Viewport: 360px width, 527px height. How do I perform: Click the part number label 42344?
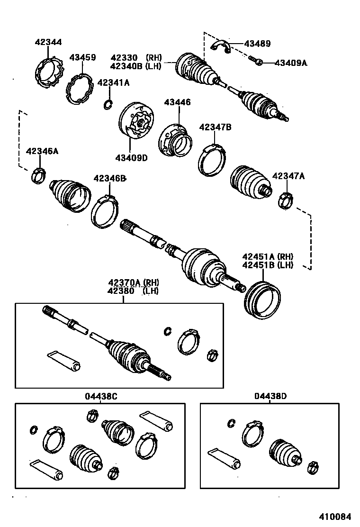(x=48, y=42)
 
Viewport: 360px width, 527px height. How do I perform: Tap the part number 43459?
(x=82, y=58)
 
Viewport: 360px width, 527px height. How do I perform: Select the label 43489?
(x=257, y=44)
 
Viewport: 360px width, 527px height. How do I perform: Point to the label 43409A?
(x=291, y=63)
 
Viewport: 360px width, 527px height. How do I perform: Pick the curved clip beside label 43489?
(x=220, y=46)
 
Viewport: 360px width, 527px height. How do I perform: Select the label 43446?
(x=178, y=102)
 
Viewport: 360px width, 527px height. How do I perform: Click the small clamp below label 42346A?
(x=37, y=176)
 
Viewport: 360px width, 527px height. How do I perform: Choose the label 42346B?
(x=109, y=178)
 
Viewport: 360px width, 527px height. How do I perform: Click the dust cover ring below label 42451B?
(x=262, y=300)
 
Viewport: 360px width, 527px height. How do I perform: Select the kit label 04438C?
(x=101, y=396)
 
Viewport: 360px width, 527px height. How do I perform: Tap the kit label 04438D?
(x=270, y=396)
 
